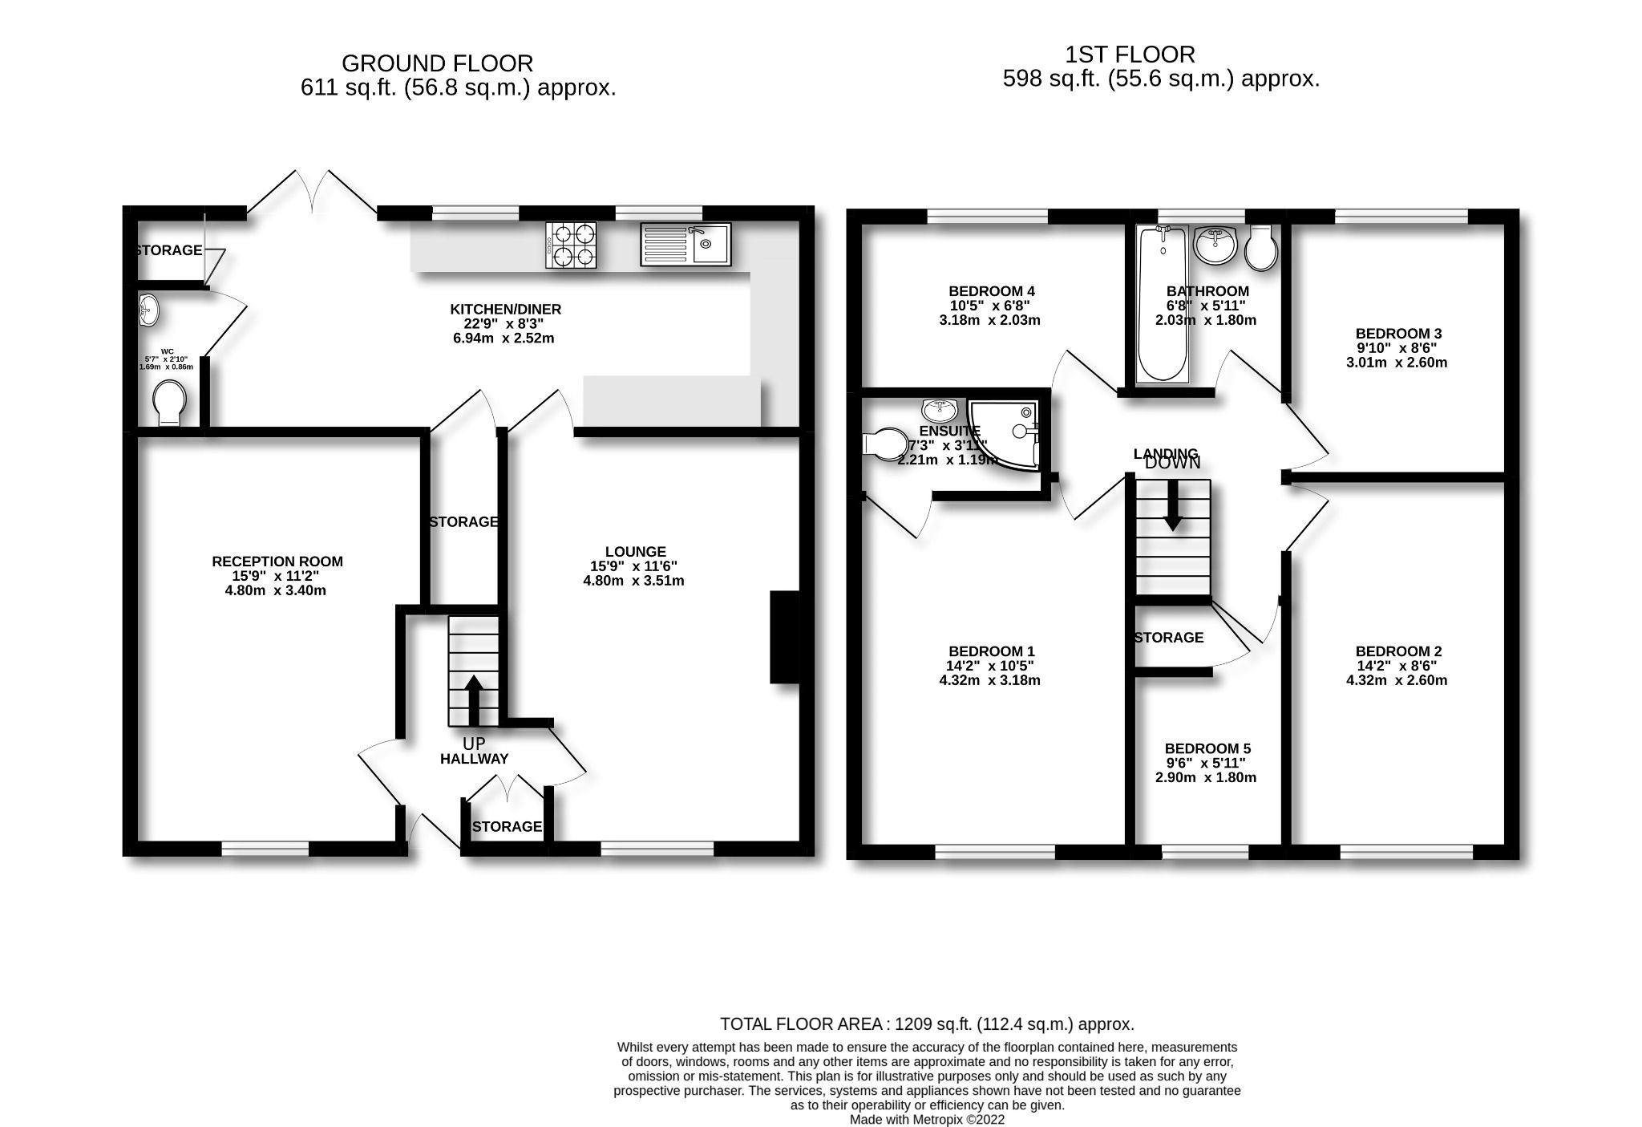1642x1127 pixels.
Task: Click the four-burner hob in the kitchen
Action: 571,245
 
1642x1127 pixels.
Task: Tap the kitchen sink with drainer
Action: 686,244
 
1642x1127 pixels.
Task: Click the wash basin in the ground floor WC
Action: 148,310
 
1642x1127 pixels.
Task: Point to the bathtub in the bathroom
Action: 1162,305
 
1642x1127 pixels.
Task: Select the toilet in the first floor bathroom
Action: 1261,247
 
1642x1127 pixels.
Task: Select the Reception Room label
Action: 277,561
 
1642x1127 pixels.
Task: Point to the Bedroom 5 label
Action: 1207,748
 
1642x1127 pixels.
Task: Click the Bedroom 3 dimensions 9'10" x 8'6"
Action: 1396,348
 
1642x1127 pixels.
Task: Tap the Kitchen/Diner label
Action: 505,309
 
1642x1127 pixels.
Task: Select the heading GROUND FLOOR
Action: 437,63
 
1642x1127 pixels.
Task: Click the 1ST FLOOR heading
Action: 1130,55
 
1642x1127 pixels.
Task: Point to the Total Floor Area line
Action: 927,1024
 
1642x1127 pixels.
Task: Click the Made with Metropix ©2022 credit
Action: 927,1120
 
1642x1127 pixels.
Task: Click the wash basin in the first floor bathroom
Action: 1215,245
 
